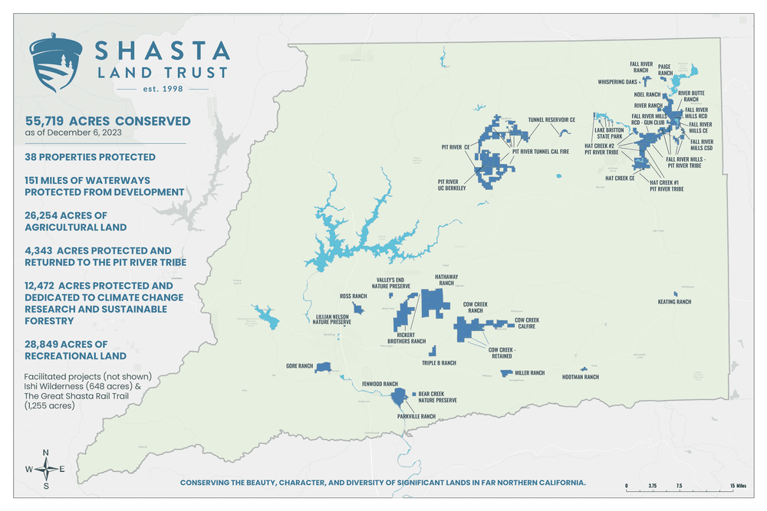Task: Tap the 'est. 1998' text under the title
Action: coord(160,90)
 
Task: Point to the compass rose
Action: coord(46,469)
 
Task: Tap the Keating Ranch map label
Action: coord(674,302)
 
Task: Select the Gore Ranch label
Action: coord(299,366)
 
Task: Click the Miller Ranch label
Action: coord(529,373)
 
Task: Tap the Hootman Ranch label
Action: coord(580,377)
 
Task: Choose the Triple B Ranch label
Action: coord(439,363)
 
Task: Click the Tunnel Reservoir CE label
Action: coord(551,120)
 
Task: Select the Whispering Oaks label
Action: coord(617,81)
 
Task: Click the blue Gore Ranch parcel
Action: coord(322,367)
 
